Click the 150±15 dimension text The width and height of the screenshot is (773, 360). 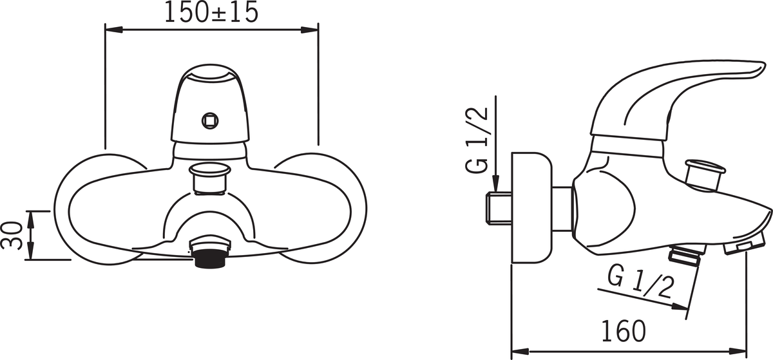(x=211, y=12)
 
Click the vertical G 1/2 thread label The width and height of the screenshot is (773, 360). (x=477, y=141)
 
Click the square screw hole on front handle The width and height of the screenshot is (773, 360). (x=210, y=121)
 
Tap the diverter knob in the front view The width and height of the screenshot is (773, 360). (x=210, y=178)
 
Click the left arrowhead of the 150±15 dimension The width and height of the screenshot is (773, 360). (x=114, y=30)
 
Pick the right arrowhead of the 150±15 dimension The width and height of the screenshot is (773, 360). (x=309, y=30)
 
